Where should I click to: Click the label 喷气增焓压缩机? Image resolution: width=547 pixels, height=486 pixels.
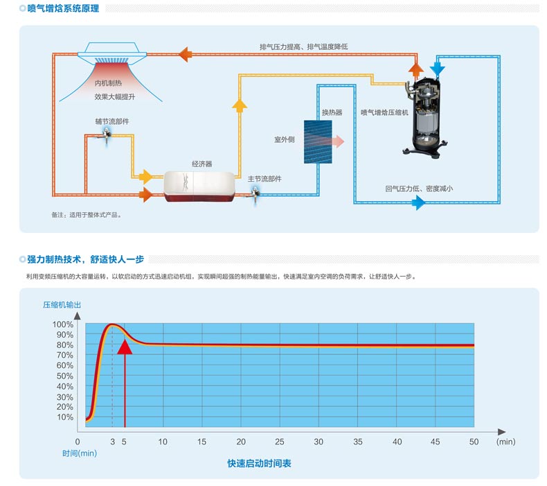click(x=384, y=112)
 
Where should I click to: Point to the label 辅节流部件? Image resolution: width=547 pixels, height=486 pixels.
click(x=112, y=121)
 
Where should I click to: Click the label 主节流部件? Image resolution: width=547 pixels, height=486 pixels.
click(x=265, y=179)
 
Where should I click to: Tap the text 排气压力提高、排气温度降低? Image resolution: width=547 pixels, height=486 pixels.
click(x=303, y=46)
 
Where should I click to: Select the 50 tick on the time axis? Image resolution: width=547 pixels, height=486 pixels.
click(x=474, y=442)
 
